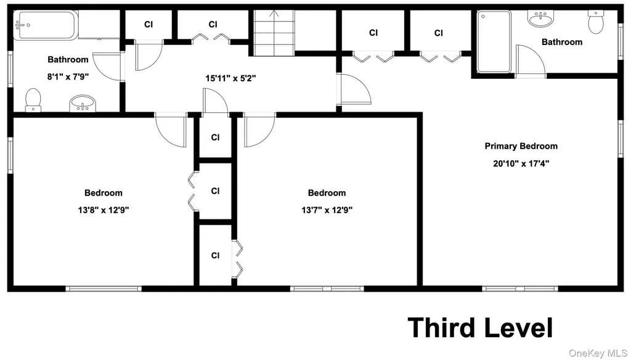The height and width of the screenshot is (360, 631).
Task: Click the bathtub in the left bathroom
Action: pyautogui.click(x=46, y=25)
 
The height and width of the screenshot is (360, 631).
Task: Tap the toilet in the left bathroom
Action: pyautogui.click(x=33, y=100)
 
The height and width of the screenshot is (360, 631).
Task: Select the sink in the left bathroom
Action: pyautogui.click(x=83, y=104)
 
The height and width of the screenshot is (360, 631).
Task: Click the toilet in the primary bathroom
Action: pyautogui.click(x=596, y=22)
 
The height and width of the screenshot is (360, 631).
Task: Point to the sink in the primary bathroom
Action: pyautogui.click(x=540, y=18)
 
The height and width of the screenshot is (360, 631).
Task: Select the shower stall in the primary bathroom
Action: pyautogui.click(x=494, y=41)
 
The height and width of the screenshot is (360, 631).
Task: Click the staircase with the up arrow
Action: pyautogui.click(x=274, y=33)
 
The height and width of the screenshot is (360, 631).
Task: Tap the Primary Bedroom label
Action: pyautogui.click(x=521, y=145)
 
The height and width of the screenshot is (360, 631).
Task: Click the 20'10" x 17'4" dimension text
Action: pyautogui.click(x=521, y=163)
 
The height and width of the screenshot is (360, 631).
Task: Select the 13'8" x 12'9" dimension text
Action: pyautogui.click(x=104, y=210)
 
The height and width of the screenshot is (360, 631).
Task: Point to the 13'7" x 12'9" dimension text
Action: pyautogui.click(x=327, y=210)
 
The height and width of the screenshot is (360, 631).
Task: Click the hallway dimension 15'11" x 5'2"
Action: pyautogui.click(x=231, y=78)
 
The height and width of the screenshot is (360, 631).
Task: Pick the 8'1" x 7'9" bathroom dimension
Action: pyautogui.click(x=68, y=76)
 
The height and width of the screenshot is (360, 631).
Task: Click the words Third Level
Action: pyautogui.click(x=481, y=328)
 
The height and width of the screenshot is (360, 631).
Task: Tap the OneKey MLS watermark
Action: pyautogui.click(x=598, y=354)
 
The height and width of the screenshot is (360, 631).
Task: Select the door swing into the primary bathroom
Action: pyautogui.click(x=531, y=61)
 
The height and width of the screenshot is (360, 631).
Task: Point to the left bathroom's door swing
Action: pyautogui.click(x=107, y=67)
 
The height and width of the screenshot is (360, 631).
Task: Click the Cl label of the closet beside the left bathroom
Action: pyautogui.click(x=149, y=25)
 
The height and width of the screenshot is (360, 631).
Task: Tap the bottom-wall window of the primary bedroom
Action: pyautogui.click(x=520, y=288)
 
